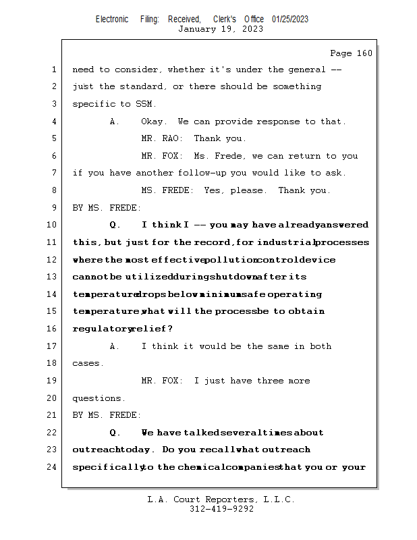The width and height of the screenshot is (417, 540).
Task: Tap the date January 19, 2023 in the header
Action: tap(221, 29)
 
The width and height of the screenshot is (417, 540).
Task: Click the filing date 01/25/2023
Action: tap(290, 19)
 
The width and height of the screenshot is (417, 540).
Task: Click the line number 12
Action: tap(53, 260)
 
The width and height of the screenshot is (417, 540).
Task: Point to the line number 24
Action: tap(53, 466)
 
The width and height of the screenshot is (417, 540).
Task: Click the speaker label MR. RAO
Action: tap(162, 138)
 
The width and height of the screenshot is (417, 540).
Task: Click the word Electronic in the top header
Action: tap(112, 19)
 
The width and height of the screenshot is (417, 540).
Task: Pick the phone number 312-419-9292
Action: tap(221, 509)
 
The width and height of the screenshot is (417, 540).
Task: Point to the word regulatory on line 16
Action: tap(101, 328)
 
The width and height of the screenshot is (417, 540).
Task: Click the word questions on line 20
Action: tap(99, 398)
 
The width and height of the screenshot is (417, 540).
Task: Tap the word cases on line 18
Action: tap(88, 363)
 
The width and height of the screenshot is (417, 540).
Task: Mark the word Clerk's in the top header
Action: tap(225, 19)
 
